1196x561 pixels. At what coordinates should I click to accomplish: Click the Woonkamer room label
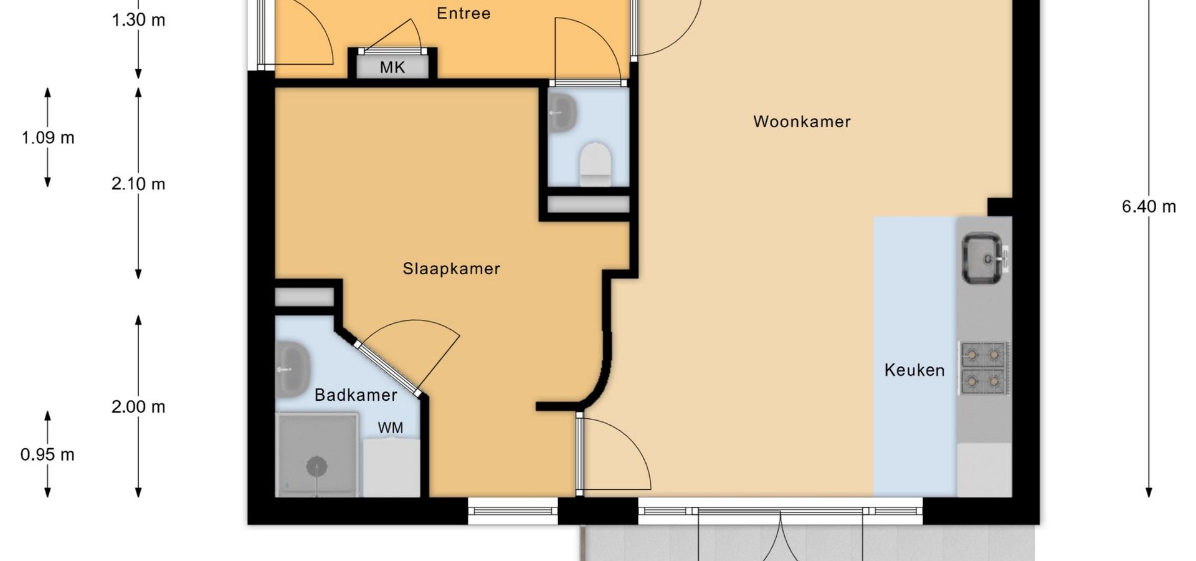click(802, 122)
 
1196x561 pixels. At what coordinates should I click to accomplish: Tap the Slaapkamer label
click(452, 269)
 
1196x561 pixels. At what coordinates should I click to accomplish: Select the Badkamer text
click(356, 395)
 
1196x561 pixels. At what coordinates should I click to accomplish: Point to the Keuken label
click(914, 370)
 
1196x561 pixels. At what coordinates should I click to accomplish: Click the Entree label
click(463, 13)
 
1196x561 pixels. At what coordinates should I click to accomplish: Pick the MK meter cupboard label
click(392, 67)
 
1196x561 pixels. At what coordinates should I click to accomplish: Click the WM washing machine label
click(391, 428)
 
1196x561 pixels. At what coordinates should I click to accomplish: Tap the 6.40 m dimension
click(1149, 206)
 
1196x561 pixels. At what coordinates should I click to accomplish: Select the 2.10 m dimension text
click(138, 184)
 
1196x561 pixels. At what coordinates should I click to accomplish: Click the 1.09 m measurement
click(48, 138)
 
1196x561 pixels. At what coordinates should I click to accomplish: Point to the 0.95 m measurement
click(47, 454)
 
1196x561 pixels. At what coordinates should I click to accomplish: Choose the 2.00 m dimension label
click(138, 407)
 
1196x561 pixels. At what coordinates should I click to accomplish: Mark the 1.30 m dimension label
click(138, 20)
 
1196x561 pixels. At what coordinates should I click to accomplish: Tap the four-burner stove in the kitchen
click(984, 368)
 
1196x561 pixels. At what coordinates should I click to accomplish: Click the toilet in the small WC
click(596, 165)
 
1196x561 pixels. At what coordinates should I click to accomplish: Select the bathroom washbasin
click(293, 370)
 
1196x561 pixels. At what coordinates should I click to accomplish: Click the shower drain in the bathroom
click(317, 466)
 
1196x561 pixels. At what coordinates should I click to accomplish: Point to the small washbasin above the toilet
click(562, 113)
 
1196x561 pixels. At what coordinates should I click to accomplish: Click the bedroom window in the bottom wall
click(513, 511)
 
